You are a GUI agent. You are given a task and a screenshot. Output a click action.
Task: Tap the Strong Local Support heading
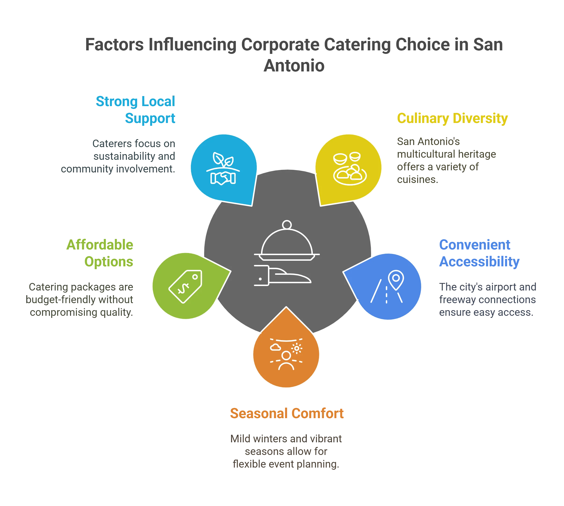tap(136, 110)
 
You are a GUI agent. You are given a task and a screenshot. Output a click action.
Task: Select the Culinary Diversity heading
tap(452, 119)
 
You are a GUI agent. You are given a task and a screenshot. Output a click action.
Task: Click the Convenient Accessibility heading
tap(479, 253)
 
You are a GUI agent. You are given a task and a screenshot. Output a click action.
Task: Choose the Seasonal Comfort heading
tap(287, 413)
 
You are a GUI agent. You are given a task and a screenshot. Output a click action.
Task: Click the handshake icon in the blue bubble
tap(223, 178)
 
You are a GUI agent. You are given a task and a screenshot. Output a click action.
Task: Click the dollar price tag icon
tap(185, 286)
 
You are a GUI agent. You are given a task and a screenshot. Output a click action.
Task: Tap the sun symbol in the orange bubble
tap(297, 348)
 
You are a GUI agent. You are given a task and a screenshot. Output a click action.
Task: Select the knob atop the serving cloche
tap(287, 225)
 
